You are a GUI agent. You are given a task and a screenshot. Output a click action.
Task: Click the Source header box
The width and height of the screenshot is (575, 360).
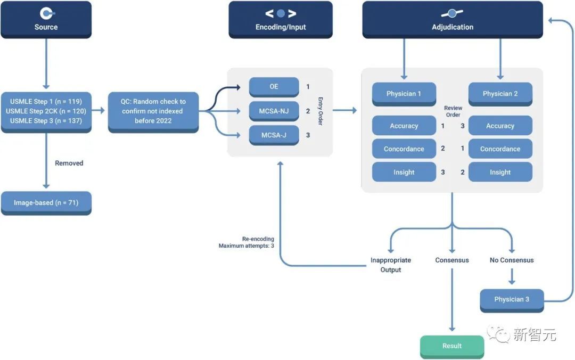click(46, 20)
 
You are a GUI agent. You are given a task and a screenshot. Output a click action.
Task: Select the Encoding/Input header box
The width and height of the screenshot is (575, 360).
click(281, 20)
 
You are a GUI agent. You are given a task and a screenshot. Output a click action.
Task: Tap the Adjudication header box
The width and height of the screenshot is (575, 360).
click(452, 20)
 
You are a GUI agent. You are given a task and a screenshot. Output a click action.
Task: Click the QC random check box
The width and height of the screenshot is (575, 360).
click(153, 112)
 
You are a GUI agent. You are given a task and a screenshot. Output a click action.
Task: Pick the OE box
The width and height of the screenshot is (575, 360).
click(274, 87)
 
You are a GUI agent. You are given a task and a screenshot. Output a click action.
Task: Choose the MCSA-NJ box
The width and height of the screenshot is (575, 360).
click(274, 111)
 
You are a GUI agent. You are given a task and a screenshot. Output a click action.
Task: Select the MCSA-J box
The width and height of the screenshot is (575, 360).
click(274, 135)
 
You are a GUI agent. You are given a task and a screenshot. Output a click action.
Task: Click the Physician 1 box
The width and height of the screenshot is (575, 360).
click(404, 94)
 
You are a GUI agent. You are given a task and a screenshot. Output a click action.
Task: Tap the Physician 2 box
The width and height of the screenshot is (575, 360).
click(500, 94)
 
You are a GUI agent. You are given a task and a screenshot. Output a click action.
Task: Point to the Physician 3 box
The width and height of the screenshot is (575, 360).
click(511, 300)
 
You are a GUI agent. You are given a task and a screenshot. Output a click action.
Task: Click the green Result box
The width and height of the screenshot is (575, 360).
click(451, 346)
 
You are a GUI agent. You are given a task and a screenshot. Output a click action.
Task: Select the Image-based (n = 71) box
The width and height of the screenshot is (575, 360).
click(46, 203)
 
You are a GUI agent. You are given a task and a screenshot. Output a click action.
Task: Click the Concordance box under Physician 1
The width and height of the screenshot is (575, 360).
click(404, 149)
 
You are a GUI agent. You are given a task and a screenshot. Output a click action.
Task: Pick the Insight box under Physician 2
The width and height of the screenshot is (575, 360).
click(500, 173)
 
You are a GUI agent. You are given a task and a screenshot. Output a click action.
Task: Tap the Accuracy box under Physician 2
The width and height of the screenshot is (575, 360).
click(500, 126)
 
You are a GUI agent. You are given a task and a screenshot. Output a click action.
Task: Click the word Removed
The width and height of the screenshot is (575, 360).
click(69, 163)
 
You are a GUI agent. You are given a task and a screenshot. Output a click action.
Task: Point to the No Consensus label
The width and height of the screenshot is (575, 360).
click(511, 260)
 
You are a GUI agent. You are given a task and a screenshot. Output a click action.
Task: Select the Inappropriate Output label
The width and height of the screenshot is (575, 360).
click(390, 265)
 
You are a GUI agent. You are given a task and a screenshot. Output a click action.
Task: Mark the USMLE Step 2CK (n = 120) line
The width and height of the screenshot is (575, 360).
click(46, 111)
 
